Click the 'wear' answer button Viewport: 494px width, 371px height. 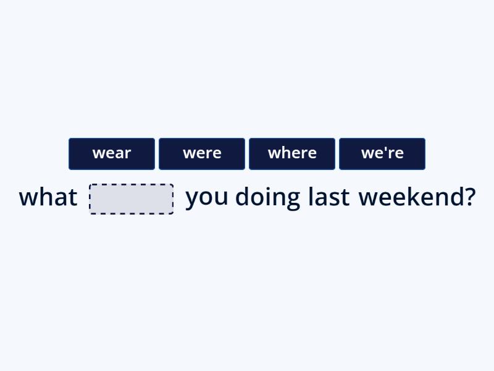[112, 153]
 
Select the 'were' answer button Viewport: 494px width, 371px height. [202, 153]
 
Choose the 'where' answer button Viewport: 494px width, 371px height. [292, 153]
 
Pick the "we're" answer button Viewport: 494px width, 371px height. [382, 153]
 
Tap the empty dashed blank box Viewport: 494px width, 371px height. [132, 198]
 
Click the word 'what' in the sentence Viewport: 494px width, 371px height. [48, 197]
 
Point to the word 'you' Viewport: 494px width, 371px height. [207, 198]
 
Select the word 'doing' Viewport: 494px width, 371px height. [267, 198]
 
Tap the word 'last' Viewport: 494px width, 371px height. [329, 197]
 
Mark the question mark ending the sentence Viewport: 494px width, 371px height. [470, 197]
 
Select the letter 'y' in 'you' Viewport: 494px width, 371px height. [191, 200]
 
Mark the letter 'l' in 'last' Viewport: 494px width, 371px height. [311, 197]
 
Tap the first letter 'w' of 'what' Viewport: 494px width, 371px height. [28, 198]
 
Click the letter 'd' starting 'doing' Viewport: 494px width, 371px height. [243, 197]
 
